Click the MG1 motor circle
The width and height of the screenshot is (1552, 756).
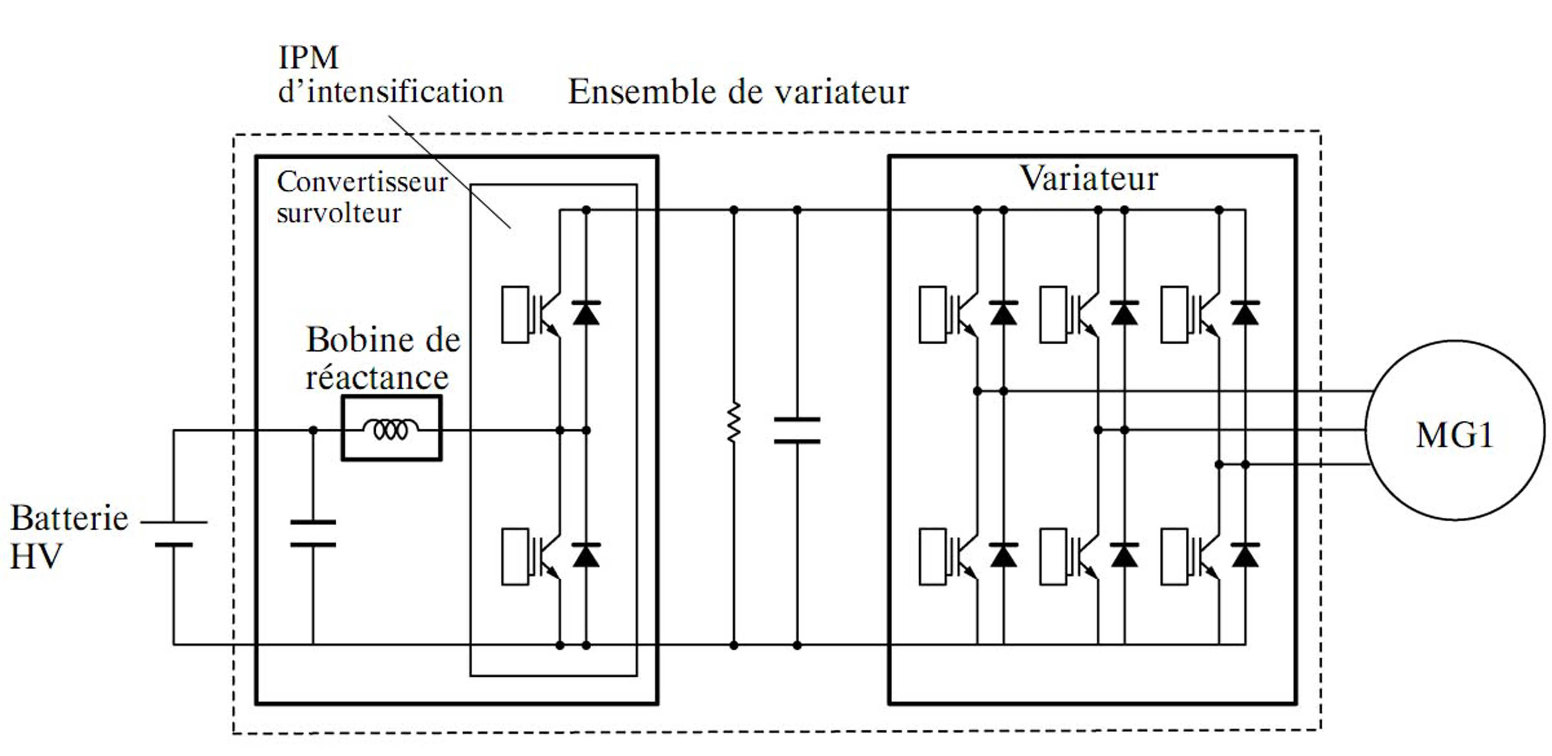tap(1454, 429)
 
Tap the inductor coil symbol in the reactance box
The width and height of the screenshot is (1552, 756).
tap(391, 429)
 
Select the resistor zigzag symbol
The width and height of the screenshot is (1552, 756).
tap(733, 423)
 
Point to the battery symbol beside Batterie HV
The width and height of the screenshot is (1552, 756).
tap(174, 533)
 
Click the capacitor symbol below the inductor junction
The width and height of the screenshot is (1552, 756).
tap(313, 534)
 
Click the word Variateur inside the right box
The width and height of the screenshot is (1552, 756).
tap(1088, 178)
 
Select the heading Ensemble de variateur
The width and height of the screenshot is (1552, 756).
tap(738, 92)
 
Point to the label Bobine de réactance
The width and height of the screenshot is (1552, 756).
tap(383, 358)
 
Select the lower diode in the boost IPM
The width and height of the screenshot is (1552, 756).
tap(586, 555)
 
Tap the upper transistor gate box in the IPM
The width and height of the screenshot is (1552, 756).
tap(515, 315)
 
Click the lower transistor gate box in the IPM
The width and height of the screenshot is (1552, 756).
tap(515, 557)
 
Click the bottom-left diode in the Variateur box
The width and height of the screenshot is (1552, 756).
tap(1003, 555)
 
